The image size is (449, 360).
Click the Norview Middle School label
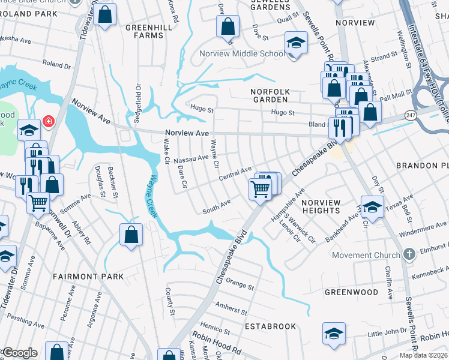[242, 53]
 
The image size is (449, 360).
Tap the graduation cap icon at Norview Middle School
[295, 43]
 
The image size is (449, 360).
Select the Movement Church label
[366, 255]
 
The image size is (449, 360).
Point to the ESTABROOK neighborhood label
[270, 326]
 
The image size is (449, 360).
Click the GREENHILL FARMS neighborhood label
[145, 31]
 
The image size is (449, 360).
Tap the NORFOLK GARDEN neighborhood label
[270, 96]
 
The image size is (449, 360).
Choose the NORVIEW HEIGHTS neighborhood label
[321, 206]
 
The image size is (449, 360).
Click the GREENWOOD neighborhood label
[351, 292]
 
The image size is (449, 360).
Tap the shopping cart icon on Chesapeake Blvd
[261, 188]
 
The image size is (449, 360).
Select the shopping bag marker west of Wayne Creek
[131, 235]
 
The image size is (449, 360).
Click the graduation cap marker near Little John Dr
[334, 334]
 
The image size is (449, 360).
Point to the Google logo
[19, 353]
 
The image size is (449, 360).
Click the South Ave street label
[217, 206]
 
